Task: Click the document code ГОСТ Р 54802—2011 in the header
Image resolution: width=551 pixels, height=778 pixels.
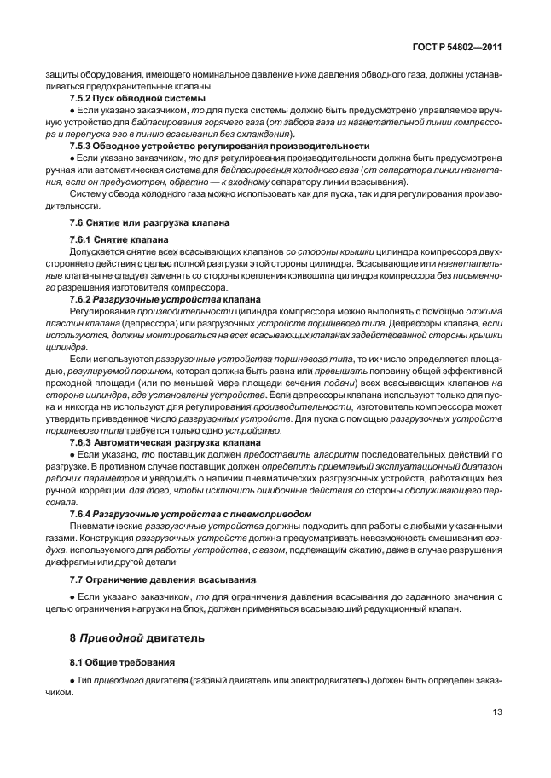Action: pyautogui.click(x=455, y=49)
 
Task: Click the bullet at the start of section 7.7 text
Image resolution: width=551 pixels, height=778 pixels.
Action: pyautogui.click(x=72, y=597)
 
